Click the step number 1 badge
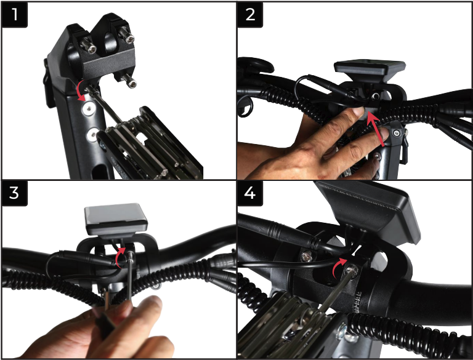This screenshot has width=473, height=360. point(15,15)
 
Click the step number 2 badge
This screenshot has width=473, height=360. point(250,15)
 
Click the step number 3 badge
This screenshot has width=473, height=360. point(15,193)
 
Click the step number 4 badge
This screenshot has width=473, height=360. point(250,193)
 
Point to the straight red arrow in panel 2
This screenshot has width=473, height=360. point(376,129)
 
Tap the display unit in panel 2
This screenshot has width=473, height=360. point(370,70)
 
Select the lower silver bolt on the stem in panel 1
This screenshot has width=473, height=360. point(92,135)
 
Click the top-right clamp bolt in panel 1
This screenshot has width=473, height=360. point(127,35)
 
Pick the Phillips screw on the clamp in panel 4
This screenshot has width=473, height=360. point(306,257)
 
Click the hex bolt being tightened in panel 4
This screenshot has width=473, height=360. point(352,270)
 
